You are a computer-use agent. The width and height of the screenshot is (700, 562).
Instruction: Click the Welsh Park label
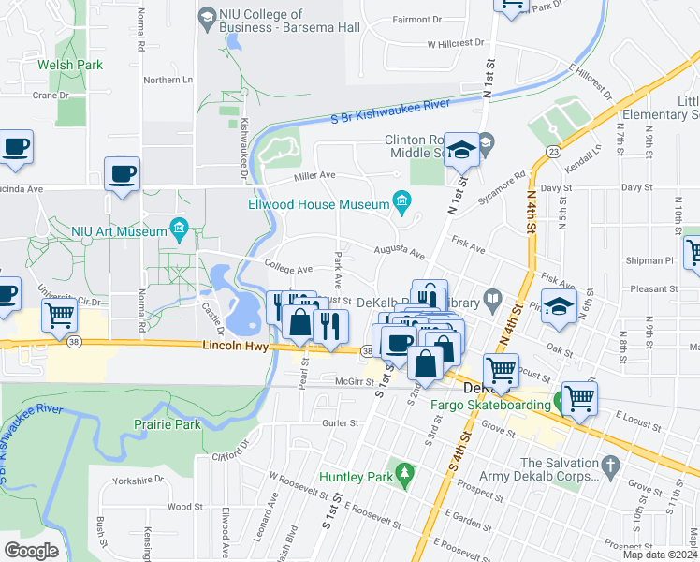[x=70, y=65]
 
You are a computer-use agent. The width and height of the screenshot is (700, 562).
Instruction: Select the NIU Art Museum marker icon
[x=180, y=229]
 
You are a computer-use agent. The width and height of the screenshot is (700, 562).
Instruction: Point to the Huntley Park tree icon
[x=404, y=474]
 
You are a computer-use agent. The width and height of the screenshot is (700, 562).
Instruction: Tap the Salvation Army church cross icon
[x=609, y=465]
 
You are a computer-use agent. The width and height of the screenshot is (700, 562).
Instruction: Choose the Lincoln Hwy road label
[x=234, y=347]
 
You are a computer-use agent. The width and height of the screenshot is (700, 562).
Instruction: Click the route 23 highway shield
[x=554, y=152]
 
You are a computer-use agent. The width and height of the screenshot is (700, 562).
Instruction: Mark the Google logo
[x=31, y=551]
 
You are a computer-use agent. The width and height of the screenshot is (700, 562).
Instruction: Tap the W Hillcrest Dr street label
[x=456, y=43]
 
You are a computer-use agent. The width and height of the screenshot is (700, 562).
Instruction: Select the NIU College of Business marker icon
[x=207, y=16]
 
